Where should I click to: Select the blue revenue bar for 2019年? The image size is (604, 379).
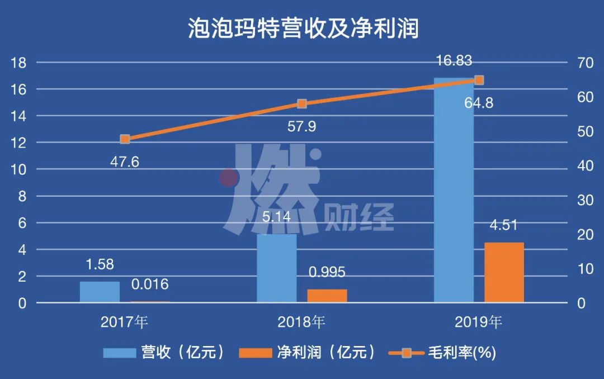click(x=454, y=190)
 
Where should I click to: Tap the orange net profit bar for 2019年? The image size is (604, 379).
click(x=504, y=272)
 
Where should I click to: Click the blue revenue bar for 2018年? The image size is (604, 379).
click(x=277, y=268)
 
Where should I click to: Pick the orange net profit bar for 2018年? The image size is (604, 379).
click(x=327, y=296)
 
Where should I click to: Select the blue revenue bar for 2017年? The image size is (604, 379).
click(x=100, y=292)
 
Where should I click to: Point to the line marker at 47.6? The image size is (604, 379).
click(x=125, y=139)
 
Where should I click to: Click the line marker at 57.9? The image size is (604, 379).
click(x=302, y=103)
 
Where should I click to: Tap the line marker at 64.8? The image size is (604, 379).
click(x=479, y=80)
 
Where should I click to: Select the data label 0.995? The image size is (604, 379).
click(x=327, y=272)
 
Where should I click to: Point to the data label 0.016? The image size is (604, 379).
click(x=150, y=285)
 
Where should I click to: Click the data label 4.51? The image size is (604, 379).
click(x=504, y=226)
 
